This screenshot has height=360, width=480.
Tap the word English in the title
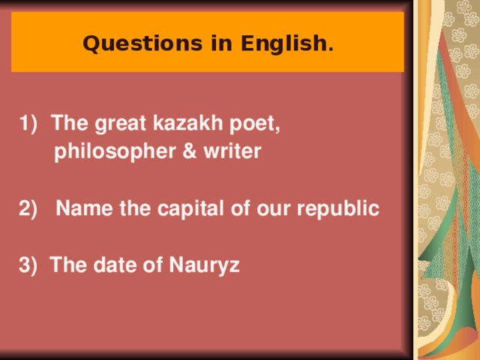click(286, 44)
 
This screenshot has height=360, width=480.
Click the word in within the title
click(222, 44)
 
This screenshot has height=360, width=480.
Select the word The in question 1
click(67, 124)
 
